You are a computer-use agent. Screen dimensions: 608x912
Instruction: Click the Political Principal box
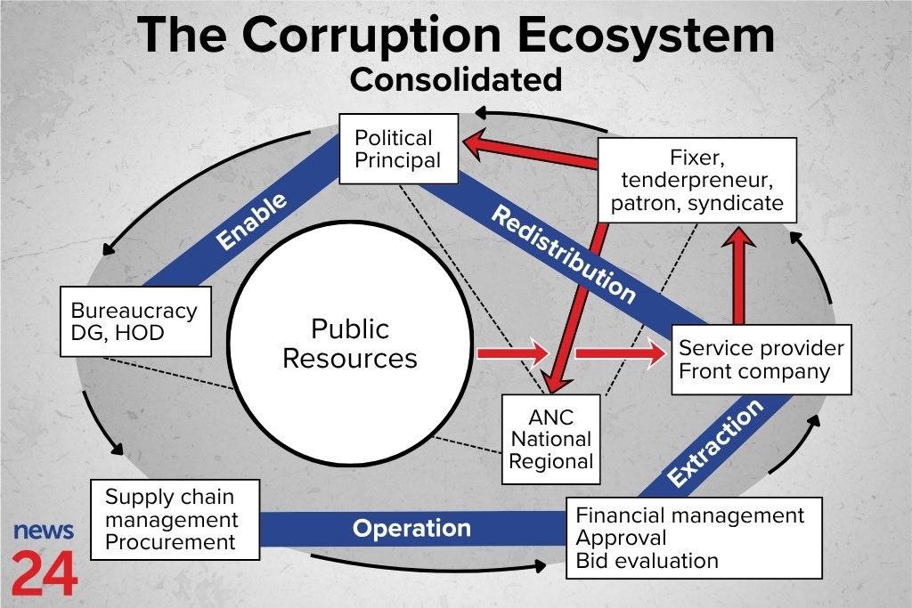(398, 149)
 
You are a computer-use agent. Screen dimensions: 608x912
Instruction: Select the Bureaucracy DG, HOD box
(134, 322)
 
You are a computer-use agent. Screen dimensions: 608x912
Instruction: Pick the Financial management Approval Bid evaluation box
(693, 538)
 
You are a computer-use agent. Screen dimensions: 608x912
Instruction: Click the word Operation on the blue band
(411, 528)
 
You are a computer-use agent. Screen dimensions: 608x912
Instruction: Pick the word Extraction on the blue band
(715, 442)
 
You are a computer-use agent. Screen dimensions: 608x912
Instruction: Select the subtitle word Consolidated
(455, 79)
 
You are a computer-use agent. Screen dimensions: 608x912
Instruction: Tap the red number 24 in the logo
(44, 575)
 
